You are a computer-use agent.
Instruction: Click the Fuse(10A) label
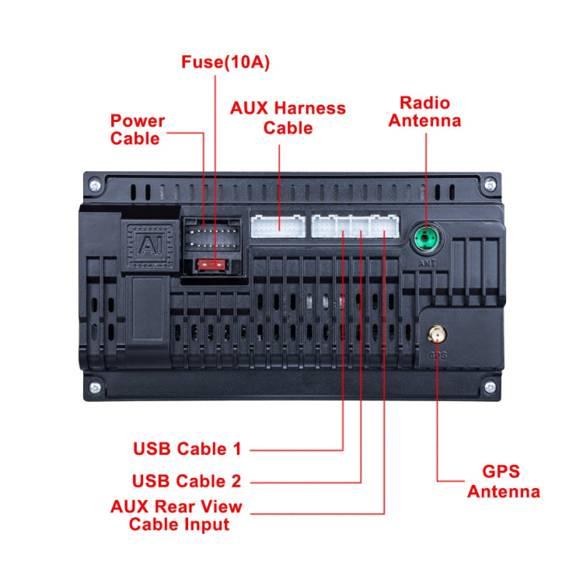(x=225, y=62)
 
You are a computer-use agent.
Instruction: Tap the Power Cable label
(x=138, y=130)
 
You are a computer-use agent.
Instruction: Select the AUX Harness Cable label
(x=288, y=117)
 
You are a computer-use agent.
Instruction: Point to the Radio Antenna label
(x=424, y=111)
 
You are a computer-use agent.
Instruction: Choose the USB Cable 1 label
(x=187, y=449)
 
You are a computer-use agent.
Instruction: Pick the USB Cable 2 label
(x=187, y=480)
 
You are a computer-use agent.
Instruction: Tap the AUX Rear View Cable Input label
(x=178, y=515)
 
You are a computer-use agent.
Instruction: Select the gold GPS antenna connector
(x=435, y=336)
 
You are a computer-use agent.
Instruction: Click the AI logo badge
(x=147, y=246)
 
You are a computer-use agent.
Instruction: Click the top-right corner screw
(x=490, y=185)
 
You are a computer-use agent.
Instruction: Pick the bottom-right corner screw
(x=490, y=386)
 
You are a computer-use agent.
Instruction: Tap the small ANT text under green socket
(x=425, y=262)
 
